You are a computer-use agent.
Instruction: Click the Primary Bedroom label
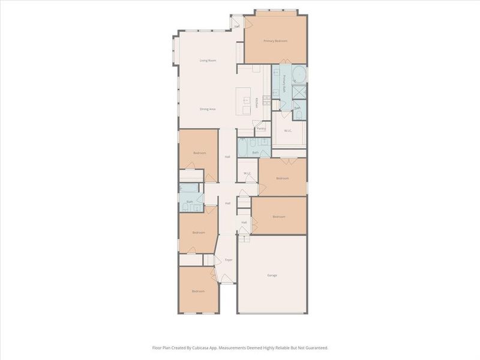[275, 41]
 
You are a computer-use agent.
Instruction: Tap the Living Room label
[208, 61]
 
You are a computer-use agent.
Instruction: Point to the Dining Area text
[208, 109]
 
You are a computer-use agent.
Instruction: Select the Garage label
[272, 275]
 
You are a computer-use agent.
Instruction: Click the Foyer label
[229, 260]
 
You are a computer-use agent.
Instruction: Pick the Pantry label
[261, 128]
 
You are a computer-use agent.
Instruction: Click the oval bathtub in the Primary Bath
[298, 74]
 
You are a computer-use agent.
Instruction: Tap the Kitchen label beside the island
[257, 103]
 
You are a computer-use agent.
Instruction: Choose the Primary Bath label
[284, 81]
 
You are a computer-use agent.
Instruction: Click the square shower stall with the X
[298, 91]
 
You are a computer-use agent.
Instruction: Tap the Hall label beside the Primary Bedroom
[237, 26]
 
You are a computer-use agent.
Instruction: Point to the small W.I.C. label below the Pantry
[247, 174]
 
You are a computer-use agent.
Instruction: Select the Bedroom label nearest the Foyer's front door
[198, 291]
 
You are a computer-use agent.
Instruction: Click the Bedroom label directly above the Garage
[279, 217]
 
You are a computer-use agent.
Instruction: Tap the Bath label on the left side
[190, 202]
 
